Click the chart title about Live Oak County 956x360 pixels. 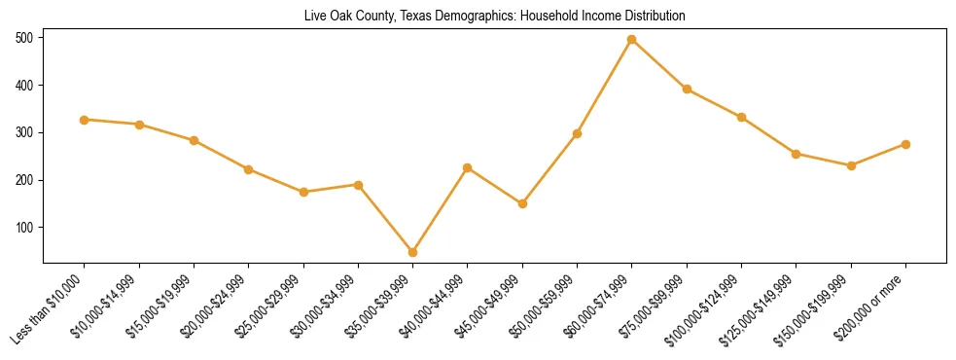tap(494, 16)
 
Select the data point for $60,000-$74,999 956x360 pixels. tap(632, 40)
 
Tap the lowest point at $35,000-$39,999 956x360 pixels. tap(412, 252)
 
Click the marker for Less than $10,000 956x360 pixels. tap(85, 120)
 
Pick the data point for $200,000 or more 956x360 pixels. tap(905, 144)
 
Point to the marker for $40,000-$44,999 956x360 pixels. tap(468, 168)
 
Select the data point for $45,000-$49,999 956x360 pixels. tap(522, 203)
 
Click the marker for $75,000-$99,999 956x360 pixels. tap(687, 90)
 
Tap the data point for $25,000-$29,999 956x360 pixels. tap(303, 192)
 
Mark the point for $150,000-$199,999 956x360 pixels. tap(851, 165)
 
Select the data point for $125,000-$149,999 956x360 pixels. tap(797, 154)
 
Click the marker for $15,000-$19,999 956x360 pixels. tap(194, 140)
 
